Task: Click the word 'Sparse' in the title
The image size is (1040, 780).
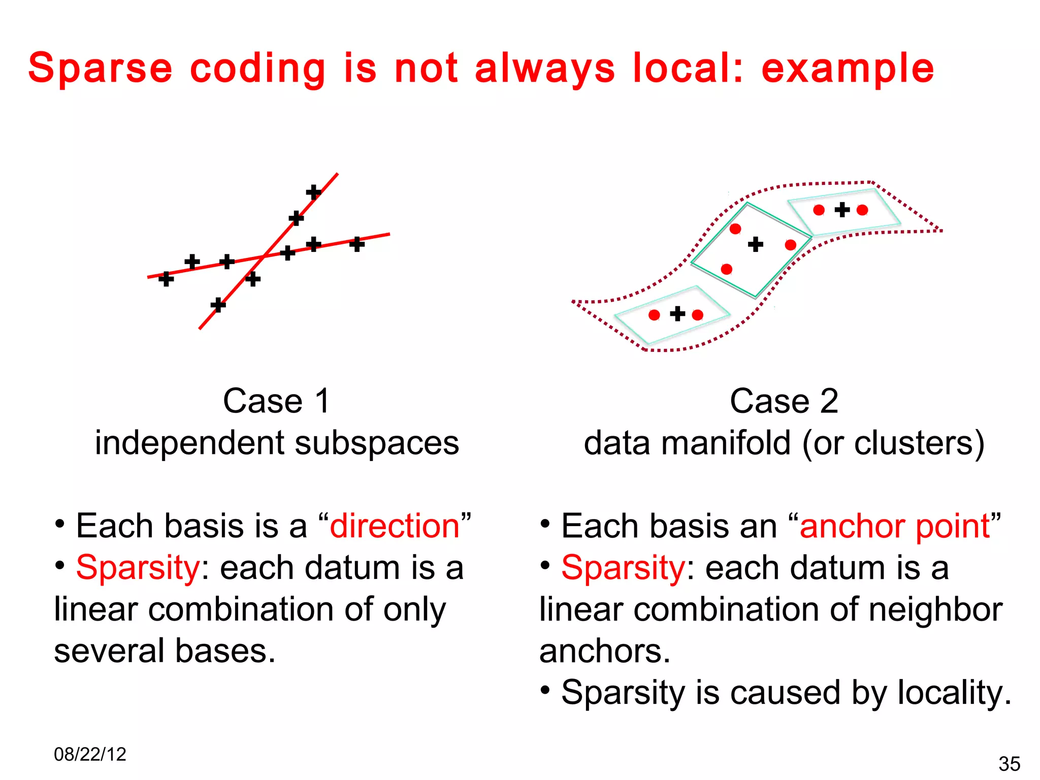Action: point(101,68)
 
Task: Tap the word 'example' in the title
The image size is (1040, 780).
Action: point(848,69)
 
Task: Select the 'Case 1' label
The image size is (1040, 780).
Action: point(277,401)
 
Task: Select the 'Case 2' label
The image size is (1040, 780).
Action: point(784,401)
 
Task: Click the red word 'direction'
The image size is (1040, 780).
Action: point(395,526)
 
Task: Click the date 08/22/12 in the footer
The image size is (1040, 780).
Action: point(90,754)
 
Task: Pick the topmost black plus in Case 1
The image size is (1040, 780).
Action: point(313,192)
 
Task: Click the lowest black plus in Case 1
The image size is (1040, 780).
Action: point(218,305)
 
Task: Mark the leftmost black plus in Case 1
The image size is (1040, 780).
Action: point(166,279)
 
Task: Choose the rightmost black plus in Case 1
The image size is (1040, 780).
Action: point(357,244)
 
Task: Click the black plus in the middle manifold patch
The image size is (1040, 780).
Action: point(756,244)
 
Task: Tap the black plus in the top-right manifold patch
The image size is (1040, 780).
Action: point(842,210)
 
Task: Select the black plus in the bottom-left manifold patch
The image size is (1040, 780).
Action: point(677,314)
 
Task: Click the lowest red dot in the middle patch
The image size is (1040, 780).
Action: point(727,269)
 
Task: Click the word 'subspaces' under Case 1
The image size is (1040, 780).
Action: point(377,443)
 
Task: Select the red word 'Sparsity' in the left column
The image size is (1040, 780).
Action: point(138,568)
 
